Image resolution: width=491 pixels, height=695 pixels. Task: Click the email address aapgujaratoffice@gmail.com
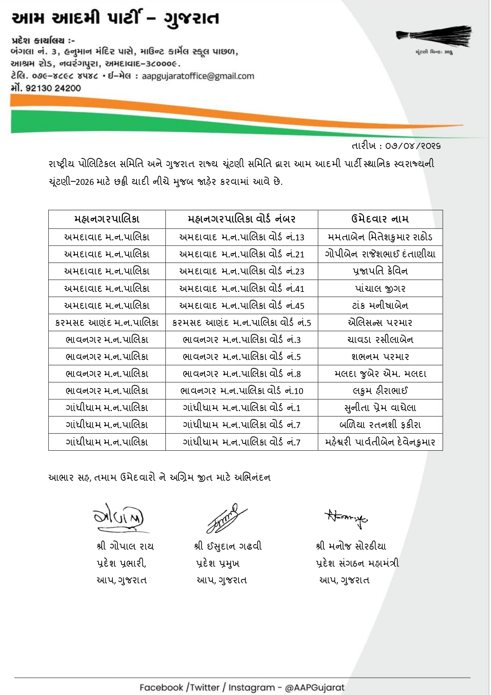coord(198,76)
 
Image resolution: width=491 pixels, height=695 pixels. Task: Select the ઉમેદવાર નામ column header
coord(380,219)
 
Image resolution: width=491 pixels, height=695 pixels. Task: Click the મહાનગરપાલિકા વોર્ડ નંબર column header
coord(241,219)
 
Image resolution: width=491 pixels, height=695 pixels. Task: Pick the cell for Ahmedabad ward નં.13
coord(241,237)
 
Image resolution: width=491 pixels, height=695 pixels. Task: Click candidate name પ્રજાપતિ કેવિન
coord(380,271)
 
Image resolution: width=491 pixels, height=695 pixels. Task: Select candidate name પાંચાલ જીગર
coord(380,288)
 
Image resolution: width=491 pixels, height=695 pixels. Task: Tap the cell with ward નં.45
coord(241,305)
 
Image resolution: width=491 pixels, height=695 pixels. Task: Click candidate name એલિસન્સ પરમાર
coord(380,322)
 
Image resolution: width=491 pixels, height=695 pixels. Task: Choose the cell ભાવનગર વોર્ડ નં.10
coord(241,391)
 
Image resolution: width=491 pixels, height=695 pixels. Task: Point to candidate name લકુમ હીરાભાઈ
coord(380,391)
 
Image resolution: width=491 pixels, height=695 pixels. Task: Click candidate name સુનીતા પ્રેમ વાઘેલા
coord(380,407)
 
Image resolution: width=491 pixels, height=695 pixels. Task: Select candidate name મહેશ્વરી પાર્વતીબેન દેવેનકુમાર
coord(380,442)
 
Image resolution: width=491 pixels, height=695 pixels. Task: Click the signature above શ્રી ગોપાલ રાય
coord(119,518)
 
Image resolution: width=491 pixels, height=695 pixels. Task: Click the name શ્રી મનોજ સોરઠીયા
coord(351,546)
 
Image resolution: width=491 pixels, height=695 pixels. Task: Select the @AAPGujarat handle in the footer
coord(315,687)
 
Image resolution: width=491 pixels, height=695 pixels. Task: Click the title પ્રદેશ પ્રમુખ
coord(218,563)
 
